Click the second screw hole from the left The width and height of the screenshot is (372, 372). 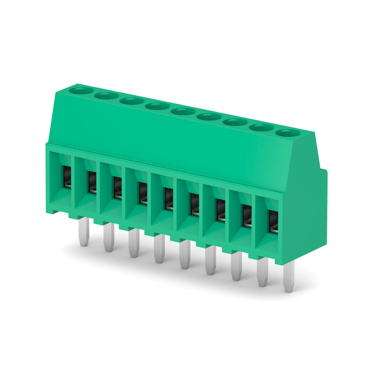[x=106, y=95]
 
